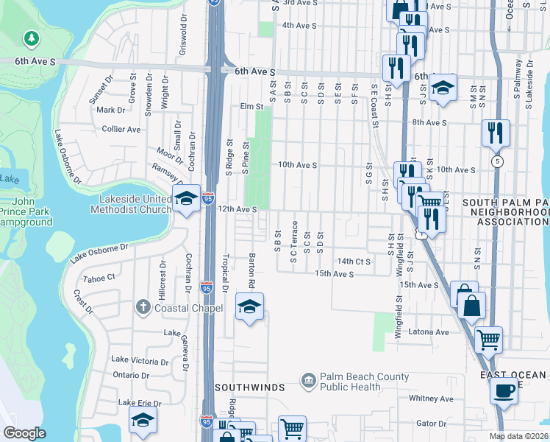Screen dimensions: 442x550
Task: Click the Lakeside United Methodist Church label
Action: point(130,203)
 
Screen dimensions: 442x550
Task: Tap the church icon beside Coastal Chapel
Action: point(144,307)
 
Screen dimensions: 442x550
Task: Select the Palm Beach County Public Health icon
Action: point(309,381)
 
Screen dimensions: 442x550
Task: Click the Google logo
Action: point(24,433)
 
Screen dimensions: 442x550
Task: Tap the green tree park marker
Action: point(30,38)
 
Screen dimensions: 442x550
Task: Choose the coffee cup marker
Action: point(504,390)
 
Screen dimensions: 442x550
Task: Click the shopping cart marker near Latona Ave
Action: point(488,340)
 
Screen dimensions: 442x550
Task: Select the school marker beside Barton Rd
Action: point(249,306)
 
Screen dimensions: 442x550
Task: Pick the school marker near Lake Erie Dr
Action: point(143,421)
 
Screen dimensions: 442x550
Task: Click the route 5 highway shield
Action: point(499,161)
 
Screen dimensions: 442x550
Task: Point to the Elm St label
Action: point(251,107)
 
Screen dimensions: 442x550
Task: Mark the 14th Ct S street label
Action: point(354,262)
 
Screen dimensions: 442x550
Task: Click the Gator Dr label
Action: point(432,424)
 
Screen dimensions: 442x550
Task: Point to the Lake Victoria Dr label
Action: point(140,360)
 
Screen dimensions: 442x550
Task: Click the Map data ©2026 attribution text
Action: point(518,436)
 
